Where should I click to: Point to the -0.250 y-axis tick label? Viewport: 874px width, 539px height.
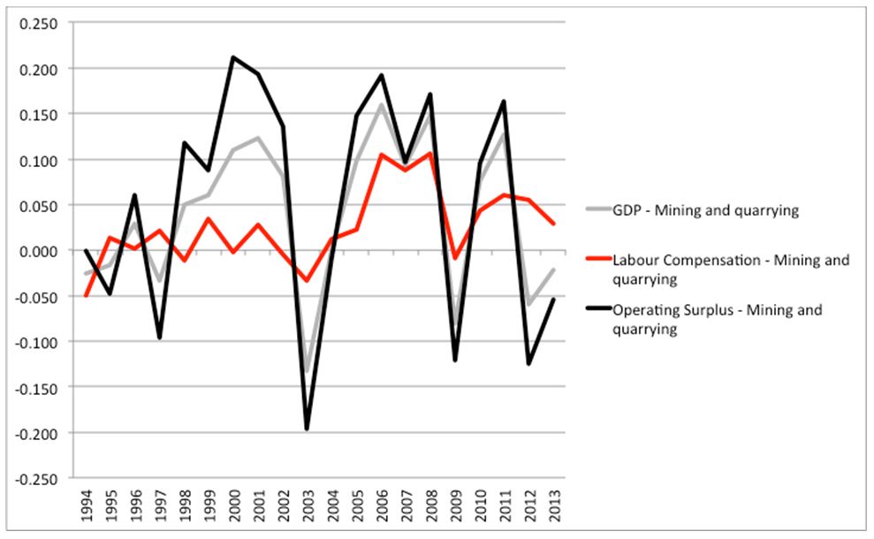(34, 479)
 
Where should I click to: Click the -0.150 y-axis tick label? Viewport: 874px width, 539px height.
(34, 388)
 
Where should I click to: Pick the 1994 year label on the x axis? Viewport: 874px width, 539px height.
(86, 510)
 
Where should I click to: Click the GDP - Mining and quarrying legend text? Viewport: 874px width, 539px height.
(704, 209)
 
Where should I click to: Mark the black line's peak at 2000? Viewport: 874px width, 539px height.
(234, 57)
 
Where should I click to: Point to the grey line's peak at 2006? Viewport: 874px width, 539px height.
(382, 105)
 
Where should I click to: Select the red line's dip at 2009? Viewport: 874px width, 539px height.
(456, 258)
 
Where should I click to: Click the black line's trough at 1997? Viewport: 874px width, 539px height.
(160, 338)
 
